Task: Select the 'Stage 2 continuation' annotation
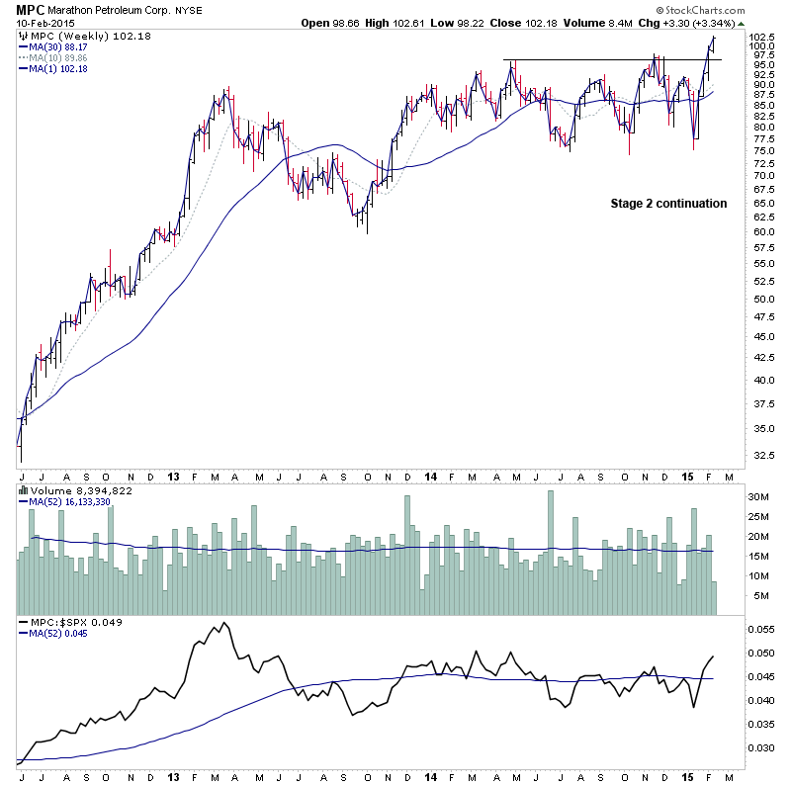(668, 204)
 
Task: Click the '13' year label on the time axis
(171, 477)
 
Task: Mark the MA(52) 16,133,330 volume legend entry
(69, 500)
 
